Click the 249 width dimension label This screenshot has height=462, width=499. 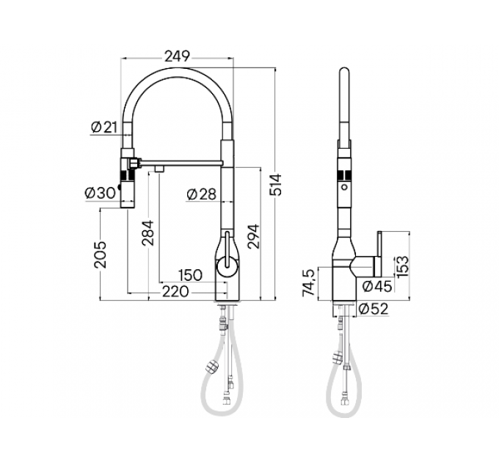pos(177,56)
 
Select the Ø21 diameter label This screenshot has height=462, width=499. pos(105,127)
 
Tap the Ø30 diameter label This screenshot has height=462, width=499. pos(100,193)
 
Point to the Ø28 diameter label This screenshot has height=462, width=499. pos(201,194)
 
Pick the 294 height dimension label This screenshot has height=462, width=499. pos(253,235)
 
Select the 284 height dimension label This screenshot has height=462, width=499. pos(150,235)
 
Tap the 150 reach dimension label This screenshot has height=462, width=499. pos(189,275)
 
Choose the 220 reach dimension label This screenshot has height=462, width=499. pos(175,291)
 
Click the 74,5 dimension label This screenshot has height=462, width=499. pos(310,282)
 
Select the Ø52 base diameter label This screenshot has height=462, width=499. pos(373,309)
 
